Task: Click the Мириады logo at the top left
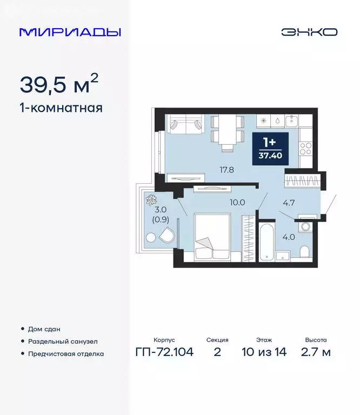[70, 32]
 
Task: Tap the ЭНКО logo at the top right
[309, 32]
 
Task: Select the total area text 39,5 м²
[59, 83]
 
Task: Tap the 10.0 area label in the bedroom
[237, 203]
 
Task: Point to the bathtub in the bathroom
[266, 241]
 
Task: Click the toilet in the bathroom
[304, 252]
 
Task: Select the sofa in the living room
[184, 126]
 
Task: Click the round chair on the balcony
[165, 236]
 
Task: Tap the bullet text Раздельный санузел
[63, 342]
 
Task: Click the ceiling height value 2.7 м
[316, 353]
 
